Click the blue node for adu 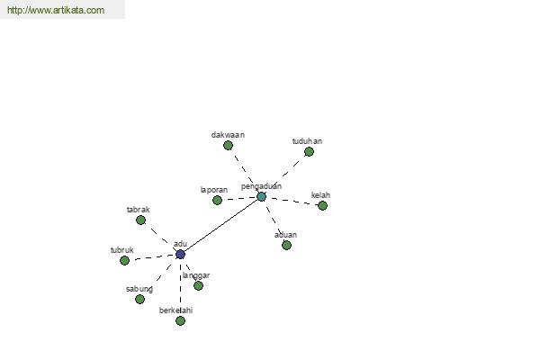[x=181, y=254]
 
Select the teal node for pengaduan [x=261, y=197]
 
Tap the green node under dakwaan [x=228, y=146]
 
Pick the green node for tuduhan [x=309, y=151]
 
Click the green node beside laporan [x=217, y=200]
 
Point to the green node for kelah [x=322, y=206]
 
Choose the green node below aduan [x=286, y=246]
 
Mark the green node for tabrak [x=141, y=220]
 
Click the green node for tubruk [x=125, y=260]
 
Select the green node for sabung [x=139, y=300]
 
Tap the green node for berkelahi [x=181, y=320]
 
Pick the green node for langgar [x=198, y=285]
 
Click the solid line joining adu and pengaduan [x=220, y=226]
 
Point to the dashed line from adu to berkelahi [x=181, y=287]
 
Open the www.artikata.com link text [x=56, y=10]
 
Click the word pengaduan [x=261, y=186]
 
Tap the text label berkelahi [x=175, y=310]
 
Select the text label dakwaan [x=228, y=135]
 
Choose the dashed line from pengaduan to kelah [x=292, y=201]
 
